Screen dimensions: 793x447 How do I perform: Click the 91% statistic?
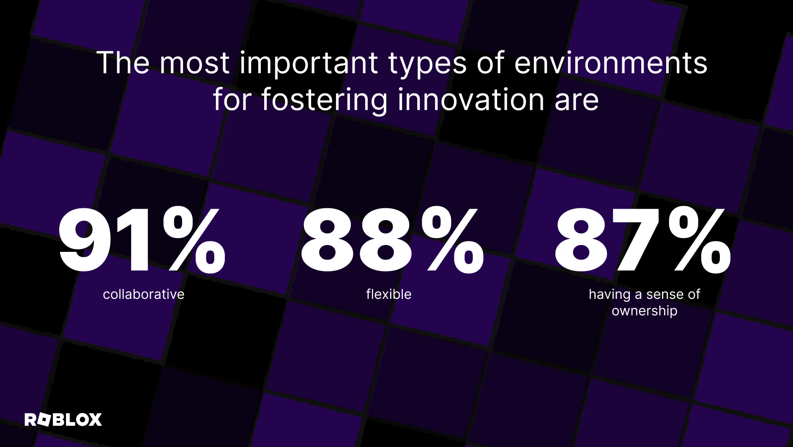pyautogui.click(x=142, y=240)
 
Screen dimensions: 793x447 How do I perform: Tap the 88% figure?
pyautogui.click(x=392, y=240)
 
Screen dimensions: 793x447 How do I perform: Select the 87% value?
pyautogui.click(x=643, y=240)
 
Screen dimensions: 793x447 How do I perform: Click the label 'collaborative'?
pyautogui.click(x=144, y=294)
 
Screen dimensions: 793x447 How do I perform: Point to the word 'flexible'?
pyautogui.click(x=389, y=294)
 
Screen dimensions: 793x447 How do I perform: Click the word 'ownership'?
pyautogui.click(x=645, y=311)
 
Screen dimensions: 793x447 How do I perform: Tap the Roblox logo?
pyautogui.click(x=63, y=419)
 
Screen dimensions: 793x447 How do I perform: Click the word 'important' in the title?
pyautogui.click(x=309, y=63)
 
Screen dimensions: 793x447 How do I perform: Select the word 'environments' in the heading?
pyautogui.click(x=611, y=63)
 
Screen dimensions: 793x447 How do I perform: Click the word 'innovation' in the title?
pyautogui.click(x=471, y=100)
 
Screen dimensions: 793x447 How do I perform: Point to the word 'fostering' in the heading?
pyautogui.click(x=324, y=101)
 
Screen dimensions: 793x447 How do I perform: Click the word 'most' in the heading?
pyautogui.click(x=194, y=64)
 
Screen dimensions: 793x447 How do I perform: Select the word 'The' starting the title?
pyautogui.click(x=123, y=63)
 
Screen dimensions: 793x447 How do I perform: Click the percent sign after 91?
pyautogui.click(x=194, y=240)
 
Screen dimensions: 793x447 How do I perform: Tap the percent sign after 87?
pyautogui.click(x=700, y=240)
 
